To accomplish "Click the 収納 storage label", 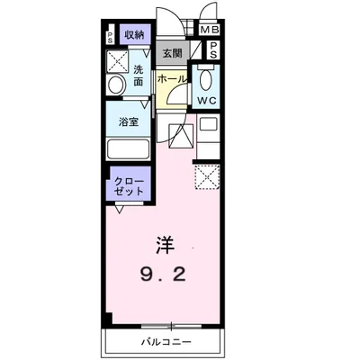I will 135,34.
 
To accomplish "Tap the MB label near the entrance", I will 210,30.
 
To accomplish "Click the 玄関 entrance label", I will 172,53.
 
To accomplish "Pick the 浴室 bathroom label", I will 128,123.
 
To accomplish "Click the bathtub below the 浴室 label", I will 130,149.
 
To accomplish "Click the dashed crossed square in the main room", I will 208,178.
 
